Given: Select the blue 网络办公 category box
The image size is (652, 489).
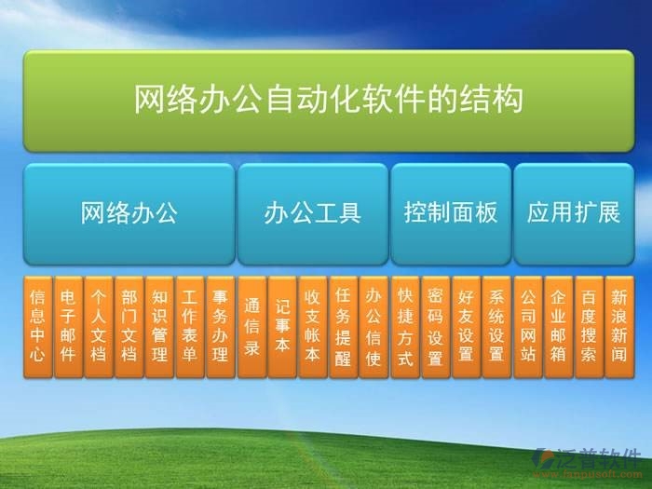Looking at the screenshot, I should click(x=129, y=213).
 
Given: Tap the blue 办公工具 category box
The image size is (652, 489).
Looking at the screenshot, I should click(x=311, y=213).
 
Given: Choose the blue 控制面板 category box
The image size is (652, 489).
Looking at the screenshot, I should click(x=450, y=213).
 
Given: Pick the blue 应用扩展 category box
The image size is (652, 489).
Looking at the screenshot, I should click(x=573, y=213).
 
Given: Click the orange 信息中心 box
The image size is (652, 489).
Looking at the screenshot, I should click(x=37, y=326).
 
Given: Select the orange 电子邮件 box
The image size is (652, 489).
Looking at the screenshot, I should click(x=68, y=326).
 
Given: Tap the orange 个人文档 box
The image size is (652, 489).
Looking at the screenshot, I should click(x=99, y=326).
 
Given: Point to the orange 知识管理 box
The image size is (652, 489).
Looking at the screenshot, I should click(x=159, y=326).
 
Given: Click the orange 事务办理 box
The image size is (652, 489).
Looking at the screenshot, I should click(x=221, y=326).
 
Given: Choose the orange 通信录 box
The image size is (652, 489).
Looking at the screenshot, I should click(x=251, y=326).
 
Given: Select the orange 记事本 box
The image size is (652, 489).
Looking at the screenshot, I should click(x=282, y=326).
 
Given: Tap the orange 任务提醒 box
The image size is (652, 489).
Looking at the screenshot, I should click(x=344, y=326).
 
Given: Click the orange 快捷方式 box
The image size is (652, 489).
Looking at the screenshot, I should click(x=405, y=326).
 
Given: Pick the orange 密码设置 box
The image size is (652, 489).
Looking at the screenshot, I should click(x=435, y=326).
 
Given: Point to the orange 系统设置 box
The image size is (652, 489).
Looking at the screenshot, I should click(x=496, y=326).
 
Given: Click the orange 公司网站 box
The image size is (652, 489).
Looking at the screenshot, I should click(x=528, y=326).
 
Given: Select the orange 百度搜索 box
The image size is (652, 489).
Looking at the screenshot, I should click(x=589, y=326).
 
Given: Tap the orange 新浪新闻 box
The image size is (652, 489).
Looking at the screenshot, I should click(x=619, y=326).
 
